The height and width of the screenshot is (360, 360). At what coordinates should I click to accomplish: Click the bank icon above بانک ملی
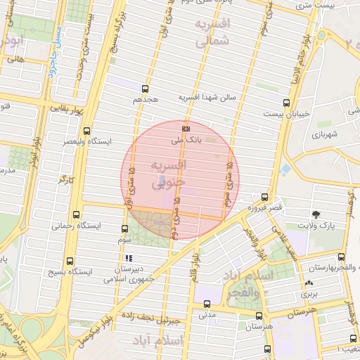click(186, 129)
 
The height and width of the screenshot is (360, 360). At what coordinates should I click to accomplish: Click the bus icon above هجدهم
click(146, 89)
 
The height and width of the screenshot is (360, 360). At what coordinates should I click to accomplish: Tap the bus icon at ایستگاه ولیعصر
click(86, 131)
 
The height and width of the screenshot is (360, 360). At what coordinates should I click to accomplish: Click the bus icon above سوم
click(124, 229)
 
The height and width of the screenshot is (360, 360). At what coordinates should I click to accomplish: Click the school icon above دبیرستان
click(129, 258)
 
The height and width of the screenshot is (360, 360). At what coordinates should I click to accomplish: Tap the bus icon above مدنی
click(206, 304)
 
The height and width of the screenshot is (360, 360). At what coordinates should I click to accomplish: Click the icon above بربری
click(309, 284)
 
